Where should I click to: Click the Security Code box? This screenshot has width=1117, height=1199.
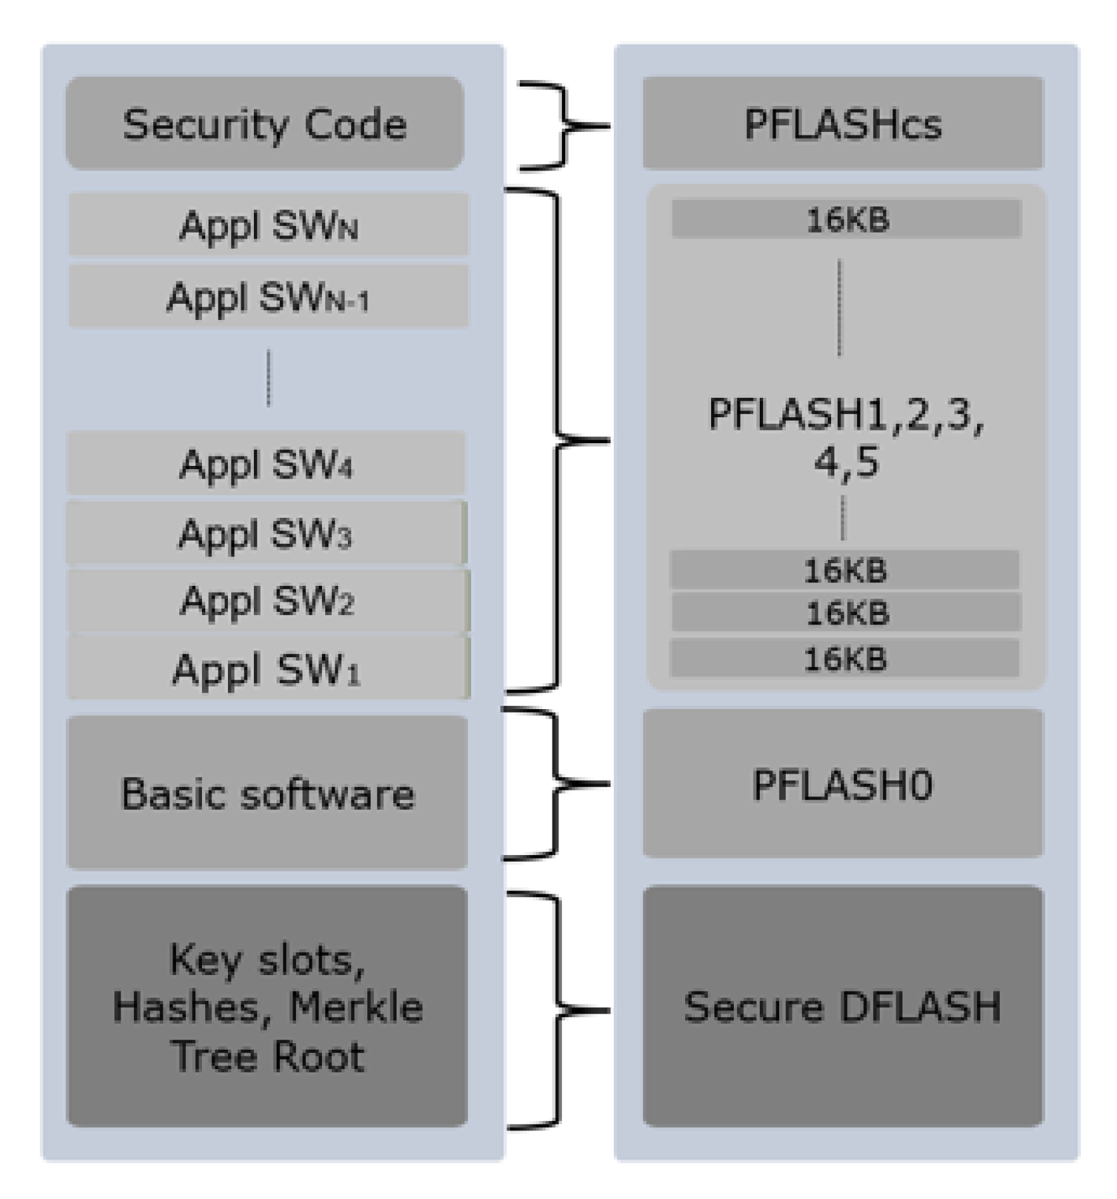tap(265, 123)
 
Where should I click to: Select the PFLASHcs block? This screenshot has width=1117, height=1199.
tap(842, 123)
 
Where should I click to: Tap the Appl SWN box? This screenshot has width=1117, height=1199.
tap(268, 225)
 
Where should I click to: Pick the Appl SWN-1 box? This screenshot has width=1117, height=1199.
tap(268, 297)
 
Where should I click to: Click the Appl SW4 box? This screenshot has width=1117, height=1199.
tap(266, 463)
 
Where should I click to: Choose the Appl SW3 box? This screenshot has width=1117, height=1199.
tap(265, 533)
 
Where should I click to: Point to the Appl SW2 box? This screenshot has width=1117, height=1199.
tap(267, 600)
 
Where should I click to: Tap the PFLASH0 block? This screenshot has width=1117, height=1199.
tap(842, 784)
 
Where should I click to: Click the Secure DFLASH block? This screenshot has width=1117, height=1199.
tap(842, 1006)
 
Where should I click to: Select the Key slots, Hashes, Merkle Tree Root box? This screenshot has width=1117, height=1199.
tap(267, 1006)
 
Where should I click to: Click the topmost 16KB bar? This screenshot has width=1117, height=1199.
tap(846, 219)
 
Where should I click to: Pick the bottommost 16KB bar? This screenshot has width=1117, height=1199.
tap(844, 658)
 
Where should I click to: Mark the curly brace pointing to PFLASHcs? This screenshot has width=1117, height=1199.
tap(564, 125)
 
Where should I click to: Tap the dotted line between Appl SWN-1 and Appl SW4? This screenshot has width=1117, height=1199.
tap(269, 378)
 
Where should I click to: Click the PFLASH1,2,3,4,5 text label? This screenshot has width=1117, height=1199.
tap(846, 437)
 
